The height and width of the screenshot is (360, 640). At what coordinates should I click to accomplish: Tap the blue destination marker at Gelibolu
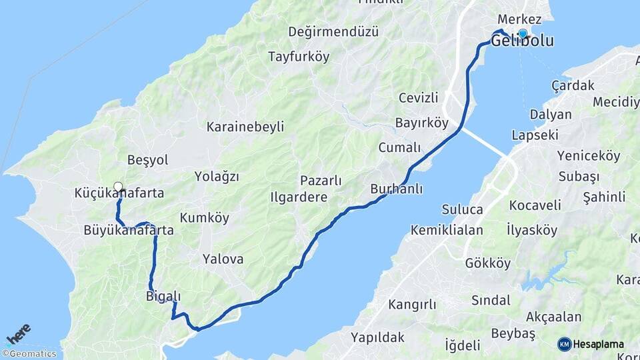pyautogui.click(x=523, y=33)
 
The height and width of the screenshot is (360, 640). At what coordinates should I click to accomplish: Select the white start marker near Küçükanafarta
pyautogui.click(x=118, y=187)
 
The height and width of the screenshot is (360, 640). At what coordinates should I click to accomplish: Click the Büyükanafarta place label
pyautogui.click(x=129, y=231)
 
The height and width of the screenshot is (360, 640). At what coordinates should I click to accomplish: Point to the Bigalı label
pyautogui.click(x=163, y=296)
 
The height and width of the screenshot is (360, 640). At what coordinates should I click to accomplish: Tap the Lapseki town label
pyautogui.click(x=535, y=135)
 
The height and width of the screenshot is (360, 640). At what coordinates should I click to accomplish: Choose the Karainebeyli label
pyautogui.click(x=245, y=127)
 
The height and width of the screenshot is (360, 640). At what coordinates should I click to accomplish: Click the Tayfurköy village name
pyautogui.click(x=299, y=57)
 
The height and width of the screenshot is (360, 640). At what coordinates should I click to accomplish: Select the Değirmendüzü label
pyautogui.click(x=333, y=31)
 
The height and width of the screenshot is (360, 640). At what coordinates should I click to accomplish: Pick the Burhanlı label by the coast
pyautogui.click(x=397, y=189)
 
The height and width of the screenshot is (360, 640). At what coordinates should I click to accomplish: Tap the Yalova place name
pyautogui.click(x=223, y=259)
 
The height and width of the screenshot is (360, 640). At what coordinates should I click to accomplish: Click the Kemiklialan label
pyautogui.click(x=447, y=230)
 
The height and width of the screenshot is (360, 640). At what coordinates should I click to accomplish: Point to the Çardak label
pyautogui.click(x=573, y=85)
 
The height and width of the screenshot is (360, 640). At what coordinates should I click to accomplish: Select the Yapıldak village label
pyautogui.click(x=377, y=337)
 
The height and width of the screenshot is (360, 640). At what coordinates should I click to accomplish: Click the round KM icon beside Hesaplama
pyautogui.click(x=565, y=344)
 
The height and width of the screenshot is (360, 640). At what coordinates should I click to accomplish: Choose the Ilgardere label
pyautogui.click(x=299, y=197)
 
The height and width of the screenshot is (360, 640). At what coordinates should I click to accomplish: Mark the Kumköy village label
pyautogui.click(x=204, y=218)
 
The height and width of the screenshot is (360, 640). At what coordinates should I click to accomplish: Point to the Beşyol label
pyautogui.click(x=147, y=160)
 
